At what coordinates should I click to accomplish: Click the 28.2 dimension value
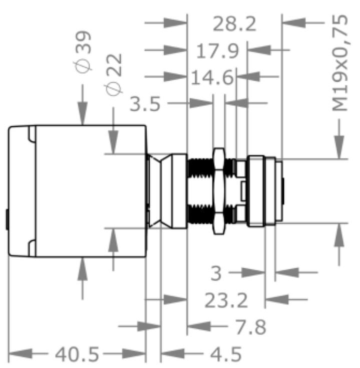coord(234,24)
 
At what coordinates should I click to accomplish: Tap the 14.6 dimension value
coord(212,78)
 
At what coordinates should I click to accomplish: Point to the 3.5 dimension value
coord(145,104)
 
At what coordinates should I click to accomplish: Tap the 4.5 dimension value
coord(225,354)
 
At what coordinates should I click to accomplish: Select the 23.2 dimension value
coord(226,301)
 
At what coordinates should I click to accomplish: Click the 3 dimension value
coord(216,274)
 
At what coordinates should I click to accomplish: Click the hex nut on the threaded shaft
coord(218,191)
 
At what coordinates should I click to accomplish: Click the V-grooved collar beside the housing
coord(165,191)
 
